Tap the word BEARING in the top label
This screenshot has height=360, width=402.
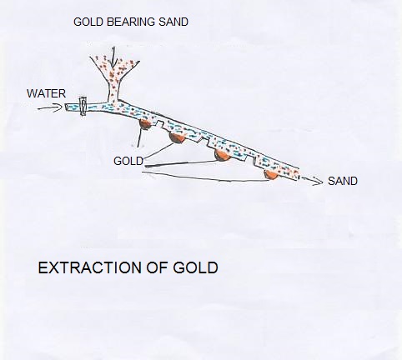click(x=131, y=22)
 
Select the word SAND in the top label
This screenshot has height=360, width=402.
click(x=173, y=22)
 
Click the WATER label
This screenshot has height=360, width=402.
click(x=46, y=93)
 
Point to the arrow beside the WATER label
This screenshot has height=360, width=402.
click(x=49, y=107)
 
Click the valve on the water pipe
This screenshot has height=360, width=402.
click(x=83, y=106)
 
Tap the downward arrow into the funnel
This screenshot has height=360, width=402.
click(x=113, y=57)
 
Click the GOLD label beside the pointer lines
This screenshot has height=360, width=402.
click(x=128, y=161)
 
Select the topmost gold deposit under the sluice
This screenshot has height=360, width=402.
click(x=145, y=124)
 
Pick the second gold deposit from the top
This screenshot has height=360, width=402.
click(x=177, y=137)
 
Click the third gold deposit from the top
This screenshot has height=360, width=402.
click(x=223, y=155)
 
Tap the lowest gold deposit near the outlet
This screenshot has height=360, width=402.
click(x=271, y=174)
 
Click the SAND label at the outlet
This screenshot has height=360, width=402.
click(x=343, y=181)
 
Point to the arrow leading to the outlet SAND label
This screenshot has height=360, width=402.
click(x=312, y=181)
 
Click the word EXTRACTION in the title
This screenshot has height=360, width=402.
click(x=90, y=267)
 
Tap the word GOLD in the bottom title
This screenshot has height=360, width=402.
click(x=195, y=267)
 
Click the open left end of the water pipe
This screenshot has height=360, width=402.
click(x=67, y=107)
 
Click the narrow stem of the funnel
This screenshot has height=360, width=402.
click(x=113, y=89)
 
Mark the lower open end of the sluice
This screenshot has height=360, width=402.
click(x=298, y=174)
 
